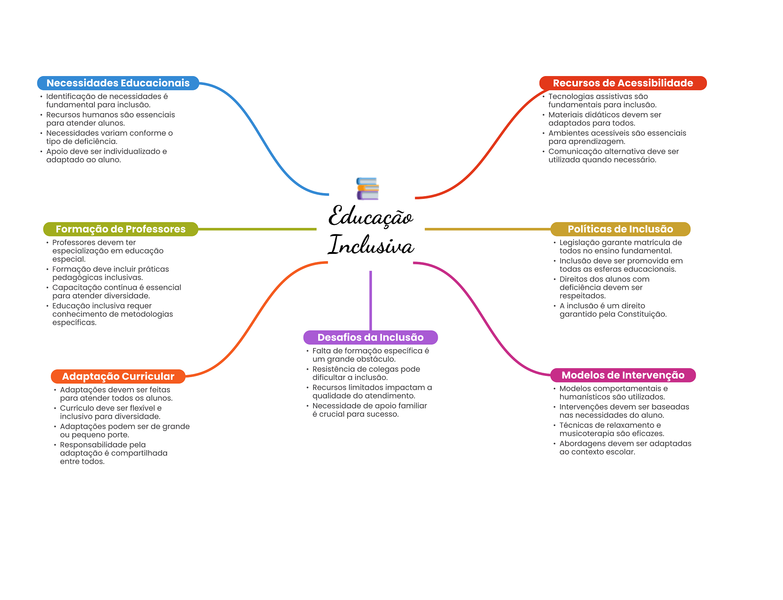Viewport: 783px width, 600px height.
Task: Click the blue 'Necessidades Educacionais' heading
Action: point(118,83)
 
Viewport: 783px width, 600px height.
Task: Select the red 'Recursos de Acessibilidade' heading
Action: point(622,83)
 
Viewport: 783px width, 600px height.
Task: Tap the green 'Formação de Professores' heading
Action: point(120,229)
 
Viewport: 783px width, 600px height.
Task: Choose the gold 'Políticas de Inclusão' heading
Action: point(620,229)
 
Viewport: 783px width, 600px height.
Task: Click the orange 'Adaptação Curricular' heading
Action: point(118,376)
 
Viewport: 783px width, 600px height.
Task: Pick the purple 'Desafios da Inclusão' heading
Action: point(370,337)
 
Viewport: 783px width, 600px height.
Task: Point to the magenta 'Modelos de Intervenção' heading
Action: point(622,375)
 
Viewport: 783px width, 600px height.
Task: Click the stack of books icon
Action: point(367,189)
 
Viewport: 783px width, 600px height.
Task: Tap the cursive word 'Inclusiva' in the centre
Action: point(371,245)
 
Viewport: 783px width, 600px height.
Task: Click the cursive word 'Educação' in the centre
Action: point(371,216)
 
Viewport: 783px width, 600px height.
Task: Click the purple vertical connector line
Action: point(370,300)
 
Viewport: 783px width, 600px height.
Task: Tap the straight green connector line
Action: point(257,229)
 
